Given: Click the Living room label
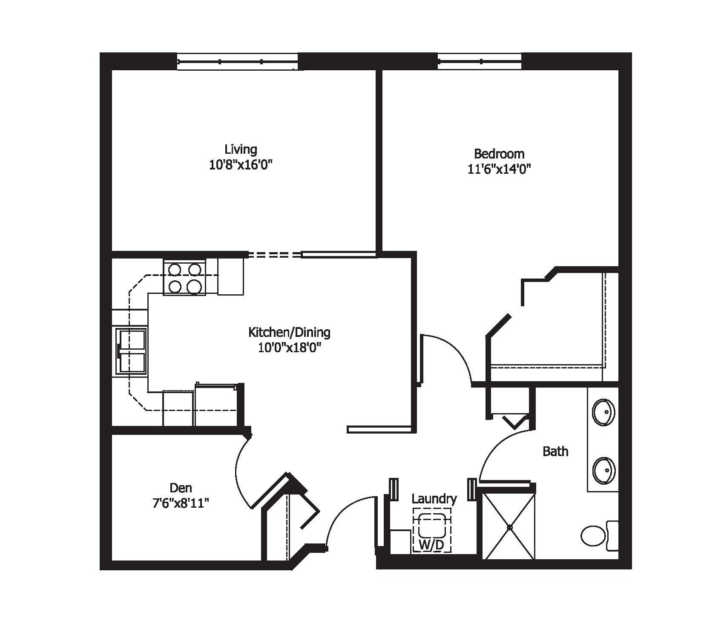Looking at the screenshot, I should point(241,149).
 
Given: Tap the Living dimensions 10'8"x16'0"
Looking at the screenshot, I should point(241,165).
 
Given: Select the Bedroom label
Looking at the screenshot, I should point(499,154).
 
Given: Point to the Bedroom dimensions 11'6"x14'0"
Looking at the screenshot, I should point(499,170).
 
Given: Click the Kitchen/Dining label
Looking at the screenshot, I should point(289,332).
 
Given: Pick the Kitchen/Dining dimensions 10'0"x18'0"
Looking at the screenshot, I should point(289,348).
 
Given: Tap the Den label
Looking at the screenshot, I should point(181,488).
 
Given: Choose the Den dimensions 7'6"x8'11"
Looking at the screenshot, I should point(181,503).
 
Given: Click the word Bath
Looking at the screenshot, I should point(555,451).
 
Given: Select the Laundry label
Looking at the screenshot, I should point(434,499).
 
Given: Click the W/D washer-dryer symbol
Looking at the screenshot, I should point(431,531).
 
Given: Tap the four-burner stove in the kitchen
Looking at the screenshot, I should point(184,277).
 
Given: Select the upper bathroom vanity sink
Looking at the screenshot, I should point(604,412).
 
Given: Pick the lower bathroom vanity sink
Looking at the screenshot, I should point(604,471).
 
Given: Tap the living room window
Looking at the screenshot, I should point(237,62).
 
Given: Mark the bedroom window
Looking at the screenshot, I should point(480,62).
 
